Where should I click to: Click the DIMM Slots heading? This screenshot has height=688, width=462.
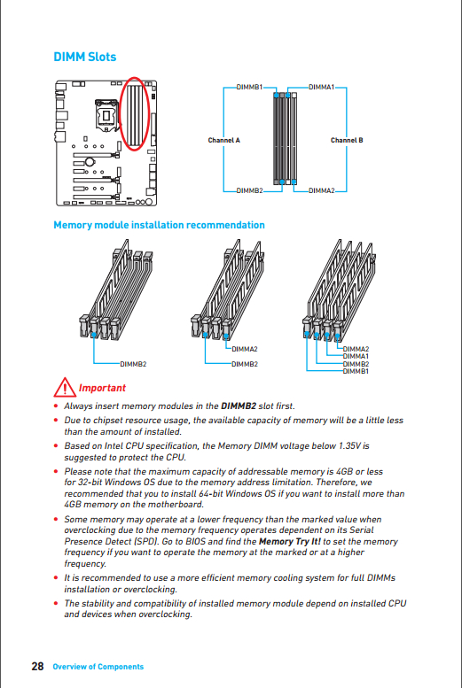85,57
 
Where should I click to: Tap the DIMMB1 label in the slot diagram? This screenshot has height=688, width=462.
249,87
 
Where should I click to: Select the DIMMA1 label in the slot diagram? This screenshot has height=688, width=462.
321,87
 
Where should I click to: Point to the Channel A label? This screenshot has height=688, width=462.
224,141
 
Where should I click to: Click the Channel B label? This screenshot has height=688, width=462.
347,141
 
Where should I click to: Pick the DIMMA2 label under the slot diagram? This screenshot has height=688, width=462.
321,190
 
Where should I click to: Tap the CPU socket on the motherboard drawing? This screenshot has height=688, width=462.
106,115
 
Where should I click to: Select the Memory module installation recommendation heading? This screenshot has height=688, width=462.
159,225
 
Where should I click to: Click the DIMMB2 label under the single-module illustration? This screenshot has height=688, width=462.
134,364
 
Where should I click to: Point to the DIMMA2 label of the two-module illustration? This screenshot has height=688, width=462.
245,349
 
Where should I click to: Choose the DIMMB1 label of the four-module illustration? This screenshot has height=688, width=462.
356,371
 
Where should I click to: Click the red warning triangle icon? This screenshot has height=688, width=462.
65,387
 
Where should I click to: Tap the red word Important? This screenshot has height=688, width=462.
102,388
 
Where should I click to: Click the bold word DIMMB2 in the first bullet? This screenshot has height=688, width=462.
239,406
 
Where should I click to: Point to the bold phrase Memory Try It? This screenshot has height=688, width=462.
290,541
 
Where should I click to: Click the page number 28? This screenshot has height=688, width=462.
37,667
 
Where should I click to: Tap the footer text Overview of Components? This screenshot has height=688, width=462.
98,667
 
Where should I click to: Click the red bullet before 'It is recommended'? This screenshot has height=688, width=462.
56,578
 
